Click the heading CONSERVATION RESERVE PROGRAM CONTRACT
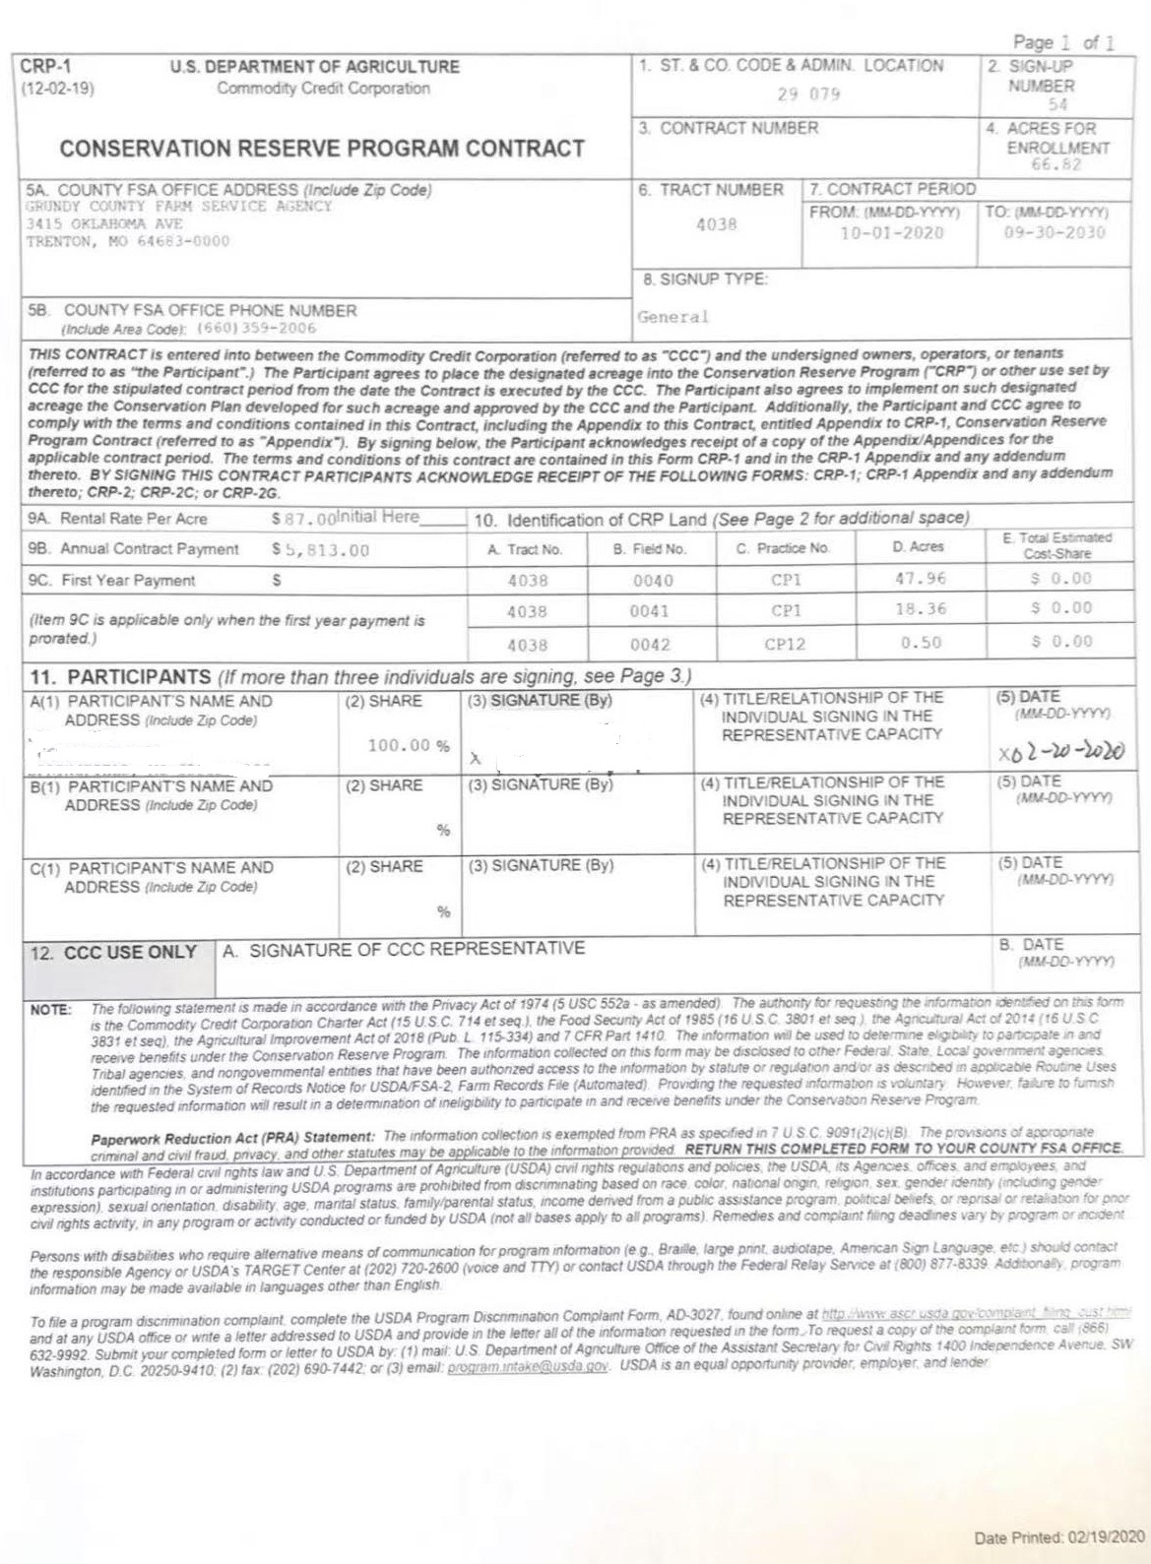[x=322, y=149]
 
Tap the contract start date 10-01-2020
[x=891, y=233]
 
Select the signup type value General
[x=672, y=317]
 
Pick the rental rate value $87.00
[x=305, y=518]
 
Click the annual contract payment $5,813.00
[x=321, y=550]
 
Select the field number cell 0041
[x=650, y=611]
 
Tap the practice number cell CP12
[x=785, y=645]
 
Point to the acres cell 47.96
[x=920, y=579]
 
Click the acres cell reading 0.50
[x=921, y=643]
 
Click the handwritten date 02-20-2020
[x=1061, y=752]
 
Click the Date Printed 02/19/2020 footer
[x=1059, y=1537]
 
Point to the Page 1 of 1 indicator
[x=1064, y=42]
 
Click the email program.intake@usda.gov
[x=528, y=1367]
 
